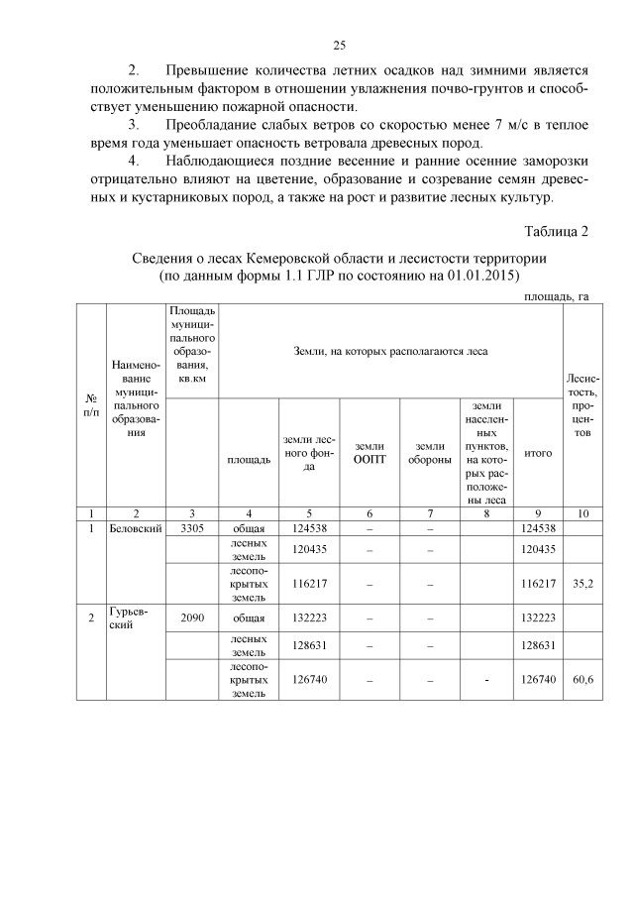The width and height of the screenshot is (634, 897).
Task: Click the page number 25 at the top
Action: pyautogui.click(x=338, y=46)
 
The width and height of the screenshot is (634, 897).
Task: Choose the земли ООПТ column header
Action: pyautogui.click(x=370, y=453)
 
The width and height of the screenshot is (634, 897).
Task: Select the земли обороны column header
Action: pyautogui.click(x=429, y=453)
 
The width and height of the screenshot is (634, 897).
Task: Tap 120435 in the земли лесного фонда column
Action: pyautogui.click(x=309, y=549)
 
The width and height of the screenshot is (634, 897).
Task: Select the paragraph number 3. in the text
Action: pyautogui.click(x=135, y=125)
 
